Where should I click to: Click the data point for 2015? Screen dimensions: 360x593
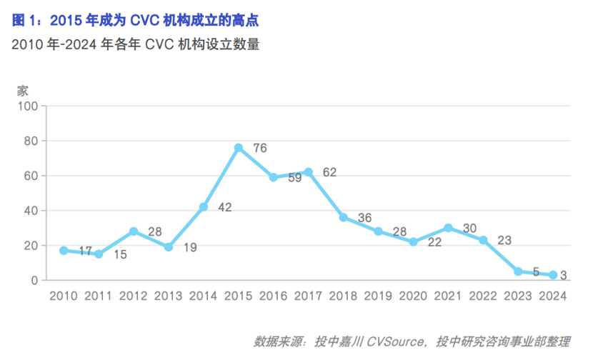point(238,148)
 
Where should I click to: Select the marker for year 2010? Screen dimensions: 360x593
point(64,251)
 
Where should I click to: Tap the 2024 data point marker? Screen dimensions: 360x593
point(553,275)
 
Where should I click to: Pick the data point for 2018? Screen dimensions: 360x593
point(343,217)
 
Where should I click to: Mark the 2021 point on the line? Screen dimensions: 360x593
point(448,228)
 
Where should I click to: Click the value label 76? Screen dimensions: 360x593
point(259,148)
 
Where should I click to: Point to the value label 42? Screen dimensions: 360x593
point(224,207)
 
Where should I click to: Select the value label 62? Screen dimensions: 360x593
point(329,172)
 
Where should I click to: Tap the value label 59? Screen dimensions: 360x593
point(294,179)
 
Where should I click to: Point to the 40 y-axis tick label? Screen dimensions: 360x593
point(31,211)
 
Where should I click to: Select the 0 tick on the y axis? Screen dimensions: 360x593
point(34,281)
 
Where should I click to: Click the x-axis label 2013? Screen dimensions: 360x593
point(169,296)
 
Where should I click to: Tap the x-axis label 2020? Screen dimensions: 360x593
point(413,296)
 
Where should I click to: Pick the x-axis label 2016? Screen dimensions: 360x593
point(273,296)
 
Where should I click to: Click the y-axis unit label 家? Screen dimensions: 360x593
point(23,91)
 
